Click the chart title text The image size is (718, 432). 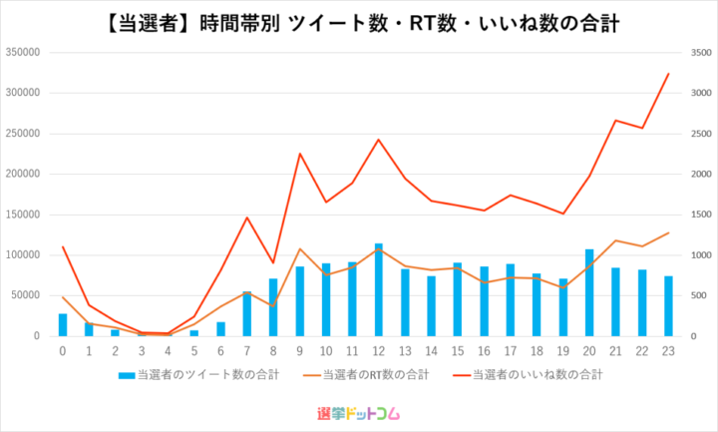point(362,24)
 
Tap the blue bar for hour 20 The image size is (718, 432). point(589,292)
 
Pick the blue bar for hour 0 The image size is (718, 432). point(63,325)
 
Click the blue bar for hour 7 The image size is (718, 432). point(247,314)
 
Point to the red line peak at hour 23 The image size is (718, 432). point(668,73)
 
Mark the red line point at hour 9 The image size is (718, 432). point(300,154)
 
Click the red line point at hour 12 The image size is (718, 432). point(379,140)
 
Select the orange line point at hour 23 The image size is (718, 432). point(668,232)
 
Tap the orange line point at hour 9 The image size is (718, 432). point(300,248)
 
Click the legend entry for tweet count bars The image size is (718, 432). point(198,375)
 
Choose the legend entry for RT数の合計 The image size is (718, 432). point(366,375)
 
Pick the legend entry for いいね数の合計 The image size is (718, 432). point(528,375)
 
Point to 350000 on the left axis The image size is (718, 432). point(23,52)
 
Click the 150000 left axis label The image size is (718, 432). point(23,215)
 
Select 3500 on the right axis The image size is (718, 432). point(701,53)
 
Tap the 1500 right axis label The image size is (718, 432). point(701,215)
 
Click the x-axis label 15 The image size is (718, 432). point(458,351)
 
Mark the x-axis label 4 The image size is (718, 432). point(169,351)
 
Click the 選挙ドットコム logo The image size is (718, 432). point(359,414)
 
